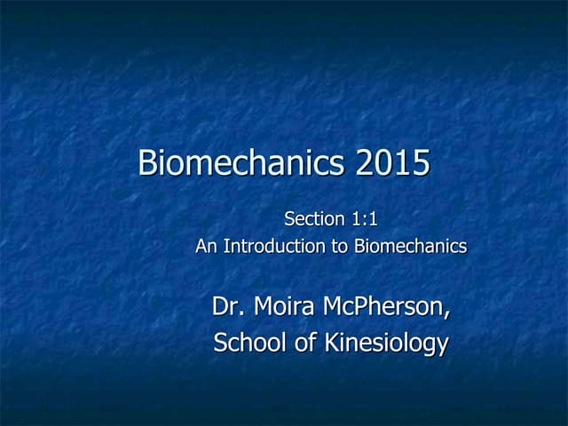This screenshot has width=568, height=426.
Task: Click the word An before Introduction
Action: pyautogui.click(x=206, y=246)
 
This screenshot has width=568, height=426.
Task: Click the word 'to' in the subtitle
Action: pyautogui.click(x=340, y=246)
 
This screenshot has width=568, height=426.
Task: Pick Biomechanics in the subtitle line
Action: pyautogui.click(x=410, y=246)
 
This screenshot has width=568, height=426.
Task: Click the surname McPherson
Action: pyautogui.click(x=383, y=308)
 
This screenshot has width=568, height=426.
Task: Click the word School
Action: pyautogui.click(x=248, y=343)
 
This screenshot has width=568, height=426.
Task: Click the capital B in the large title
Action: pyautogui.click(x=148, y=163)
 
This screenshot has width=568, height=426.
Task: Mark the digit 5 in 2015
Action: pyautogui.click(x=421, y=163)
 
